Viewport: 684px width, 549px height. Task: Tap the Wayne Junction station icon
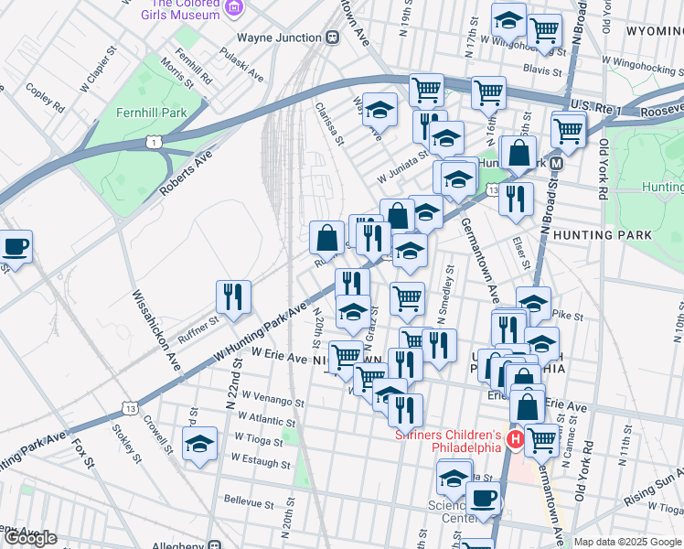pyautogui.click(x=332, y=38)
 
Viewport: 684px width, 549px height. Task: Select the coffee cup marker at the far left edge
pyautogui.click(x=15, y=246)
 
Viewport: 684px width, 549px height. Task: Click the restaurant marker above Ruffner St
pyautogui.click(x=232, y=297)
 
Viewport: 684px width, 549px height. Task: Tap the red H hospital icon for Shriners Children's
pyautogui.click(x=514, y=441)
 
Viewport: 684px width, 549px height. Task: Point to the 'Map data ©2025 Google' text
pyautogui.click(x=628, y=542)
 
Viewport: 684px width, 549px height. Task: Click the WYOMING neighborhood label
pyautogui.click(x=654, y=31)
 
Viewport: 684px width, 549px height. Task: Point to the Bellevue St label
pyautogui.click(x=249, y=503)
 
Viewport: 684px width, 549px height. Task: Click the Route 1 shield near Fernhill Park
pyautogui.click(x=155, y=141)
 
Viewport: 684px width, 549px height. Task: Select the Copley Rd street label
pyautogui.click(x=45, y=100)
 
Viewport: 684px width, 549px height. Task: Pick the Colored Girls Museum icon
pyautogui.click(x=235, y=8)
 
